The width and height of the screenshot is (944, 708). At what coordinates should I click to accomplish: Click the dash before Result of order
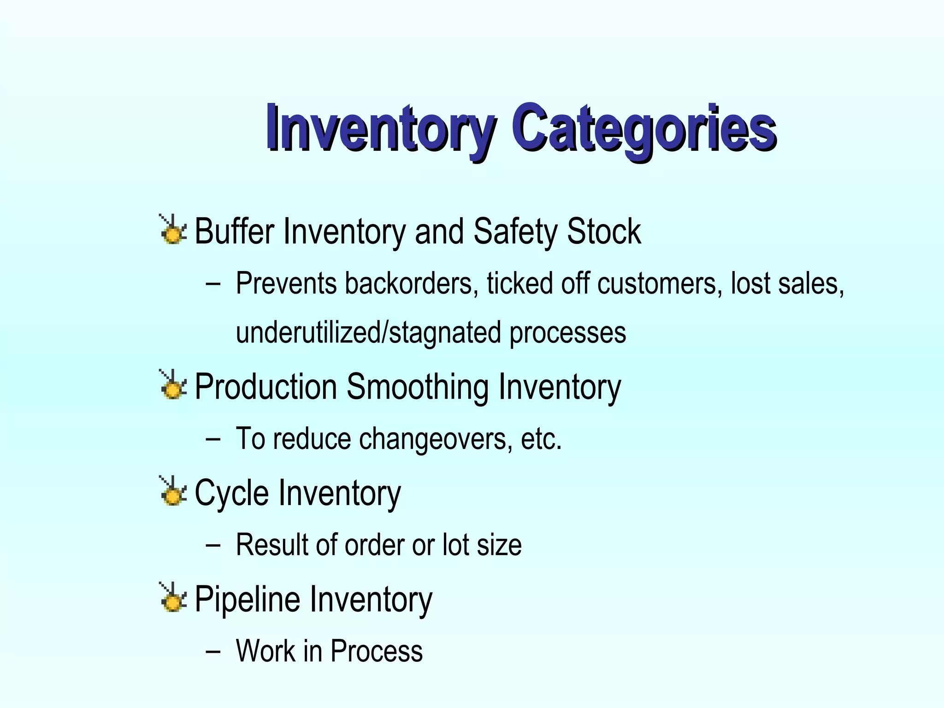[x=213, y=545]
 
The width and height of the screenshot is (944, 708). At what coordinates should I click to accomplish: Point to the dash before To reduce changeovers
[x=213, y=439]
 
